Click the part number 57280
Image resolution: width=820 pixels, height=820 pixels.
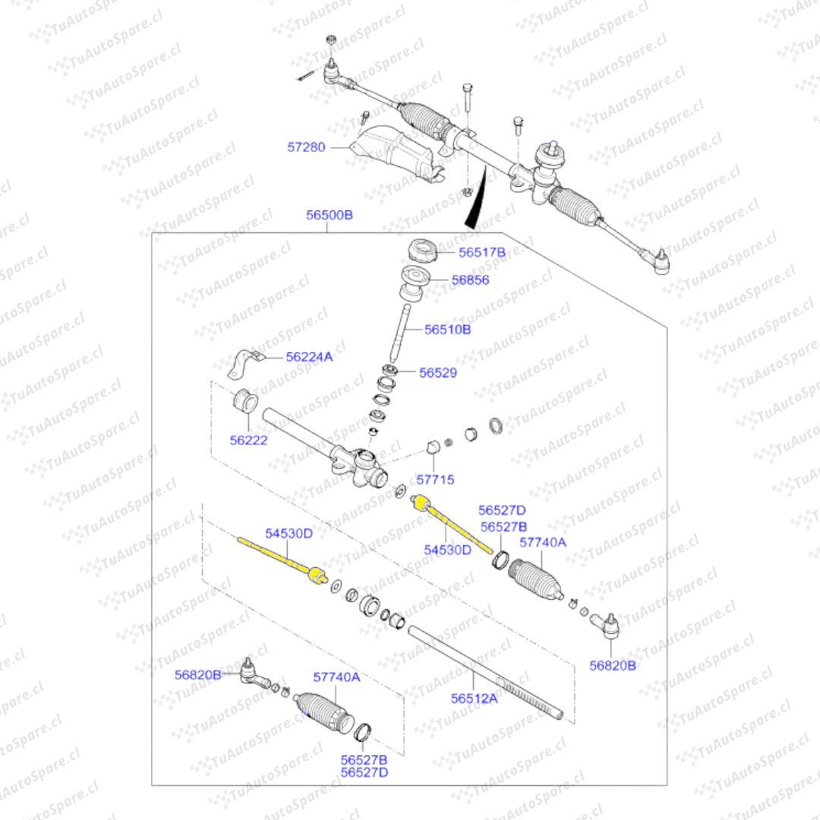point(306,147)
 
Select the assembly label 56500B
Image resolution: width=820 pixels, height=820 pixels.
point(330,215)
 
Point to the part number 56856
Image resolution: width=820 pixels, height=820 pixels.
point(470,279)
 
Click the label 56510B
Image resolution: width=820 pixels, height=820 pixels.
point(447,330)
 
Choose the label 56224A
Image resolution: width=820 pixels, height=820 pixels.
point(309,356)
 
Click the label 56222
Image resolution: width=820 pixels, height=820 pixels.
point(249,440)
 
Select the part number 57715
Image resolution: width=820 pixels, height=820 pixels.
point(435,480)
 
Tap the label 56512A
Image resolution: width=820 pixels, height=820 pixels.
point(474,699)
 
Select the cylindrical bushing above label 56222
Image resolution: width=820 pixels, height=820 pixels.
point(244,400)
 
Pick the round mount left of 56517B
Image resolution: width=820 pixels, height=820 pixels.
point(421,251)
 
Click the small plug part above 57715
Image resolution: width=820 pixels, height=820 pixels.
point(434,446)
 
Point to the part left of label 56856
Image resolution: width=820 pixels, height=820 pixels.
point(414,281)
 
